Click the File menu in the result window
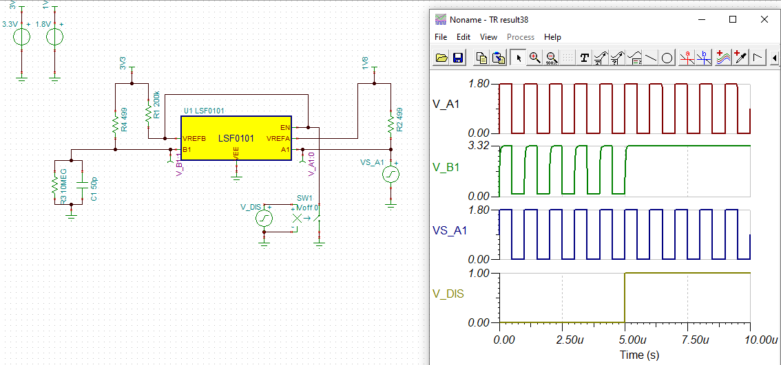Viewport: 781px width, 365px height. click(441, 37)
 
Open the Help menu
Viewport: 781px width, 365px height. click(552, 37)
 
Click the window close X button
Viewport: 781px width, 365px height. click(764, 19)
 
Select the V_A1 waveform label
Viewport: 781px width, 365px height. click(446, 104)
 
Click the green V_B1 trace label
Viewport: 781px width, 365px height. click(446, 166)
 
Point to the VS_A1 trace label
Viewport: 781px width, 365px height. click(450, 230)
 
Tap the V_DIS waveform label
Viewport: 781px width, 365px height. click(448, 294)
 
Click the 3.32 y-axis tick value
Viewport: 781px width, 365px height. click(478, 146)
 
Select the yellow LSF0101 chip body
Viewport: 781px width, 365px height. click(236, 138)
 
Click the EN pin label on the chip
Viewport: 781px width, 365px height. click(284, 127)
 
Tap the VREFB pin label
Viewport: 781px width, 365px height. click(194, 138)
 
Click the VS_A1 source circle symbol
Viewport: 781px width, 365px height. click(390, 175)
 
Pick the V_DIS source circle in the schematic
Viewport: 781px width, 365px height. click(264, 219)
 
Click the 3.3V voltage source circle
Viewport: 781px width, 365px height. click(22, 36)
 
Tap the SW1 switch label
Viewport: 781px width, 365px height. click(304, 198)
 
